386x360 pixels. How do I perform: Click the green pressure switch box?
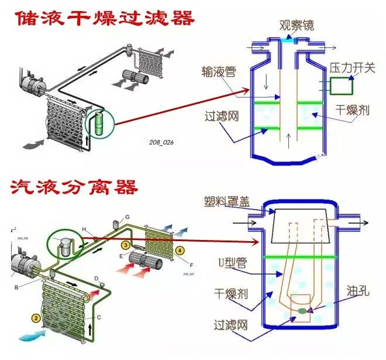(340, 87)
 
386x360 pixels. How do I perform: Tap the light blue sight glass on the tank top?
(288, 39)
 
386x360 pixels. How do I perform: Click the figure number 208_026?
(161, 142)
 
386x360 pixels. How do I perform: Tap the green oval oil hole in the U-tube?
(302, 311)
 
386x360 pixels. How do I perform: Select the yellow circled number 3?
(125, 244)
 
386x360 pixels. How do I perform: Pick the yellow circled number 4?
(180, 250)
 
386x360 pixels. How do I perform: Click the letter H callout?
(84, 228)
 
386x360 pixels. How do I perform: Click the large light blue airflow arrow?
(35, 335)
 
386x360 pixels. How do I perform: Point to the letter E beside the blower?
(121, 256)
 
